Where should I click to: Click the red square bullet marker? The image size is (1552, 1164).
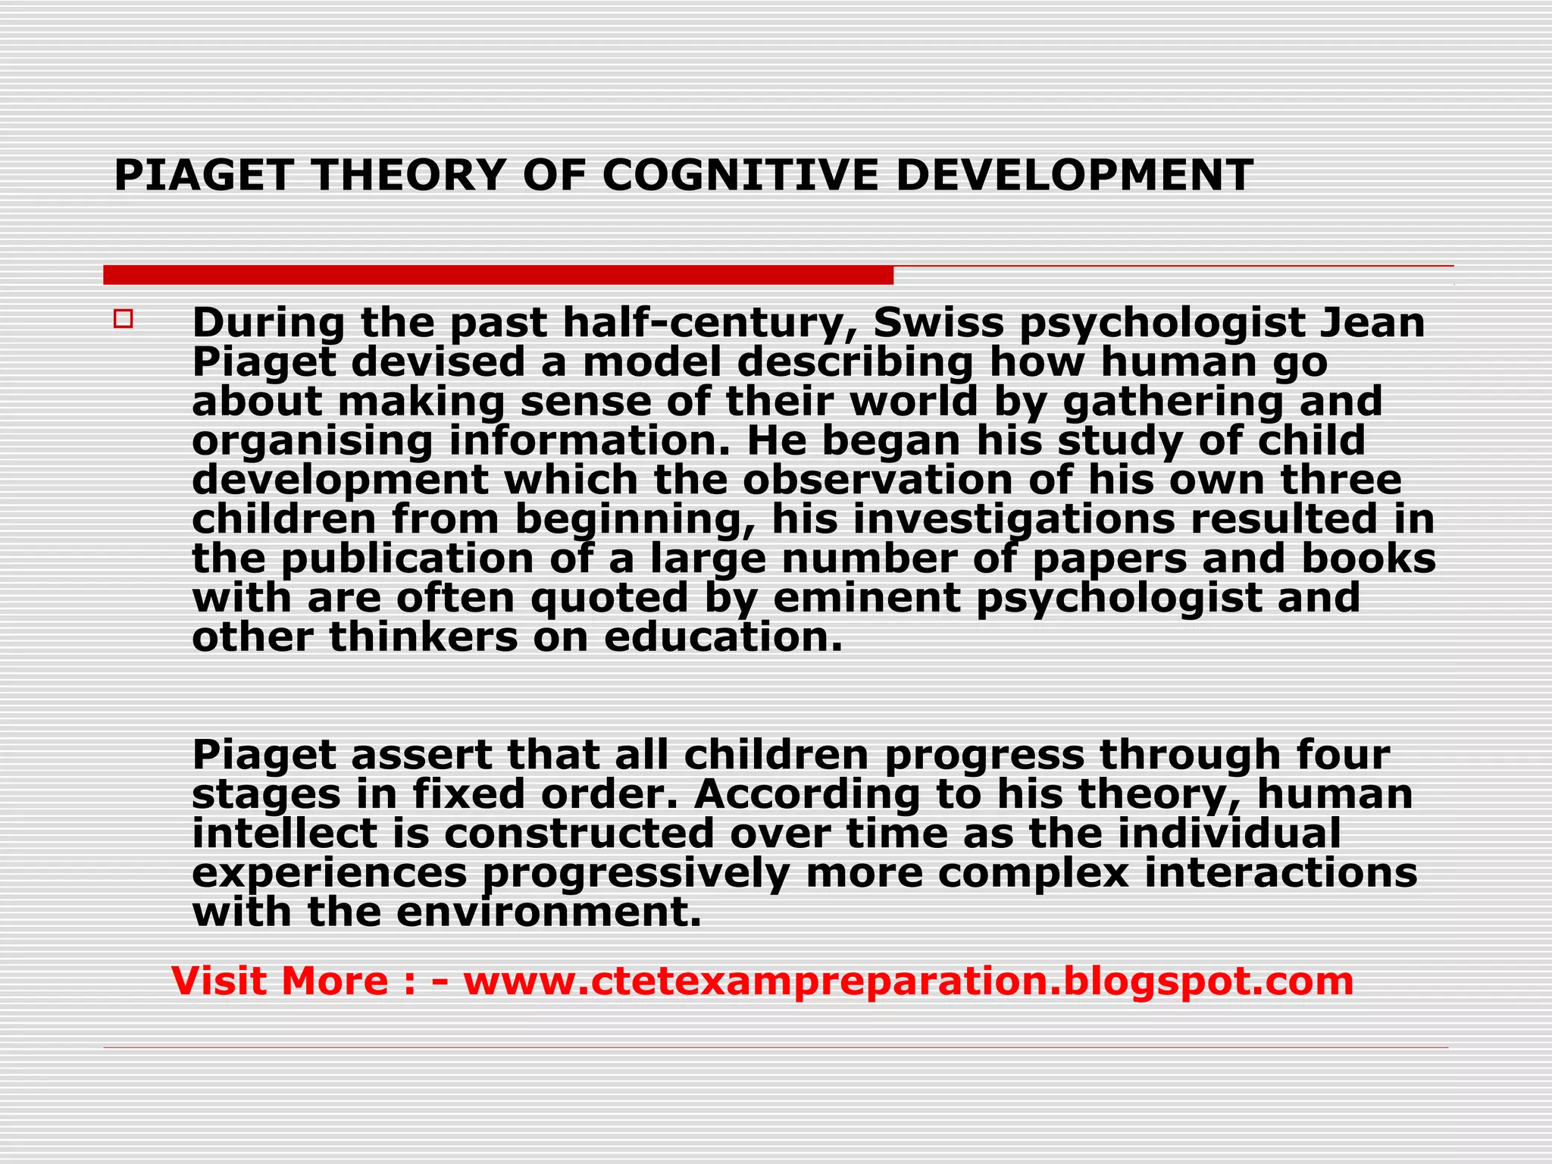pos(124,318)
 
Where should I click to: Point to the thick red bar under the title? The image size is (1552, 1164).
pos(498,275)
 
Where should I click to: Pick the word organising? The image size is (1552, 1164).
pos(311,441)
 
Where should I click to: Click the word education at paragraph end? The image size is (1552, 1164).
pos(723,637)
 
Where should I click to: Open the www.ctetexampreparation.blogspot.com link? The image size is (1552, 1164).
pos(908,981)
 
